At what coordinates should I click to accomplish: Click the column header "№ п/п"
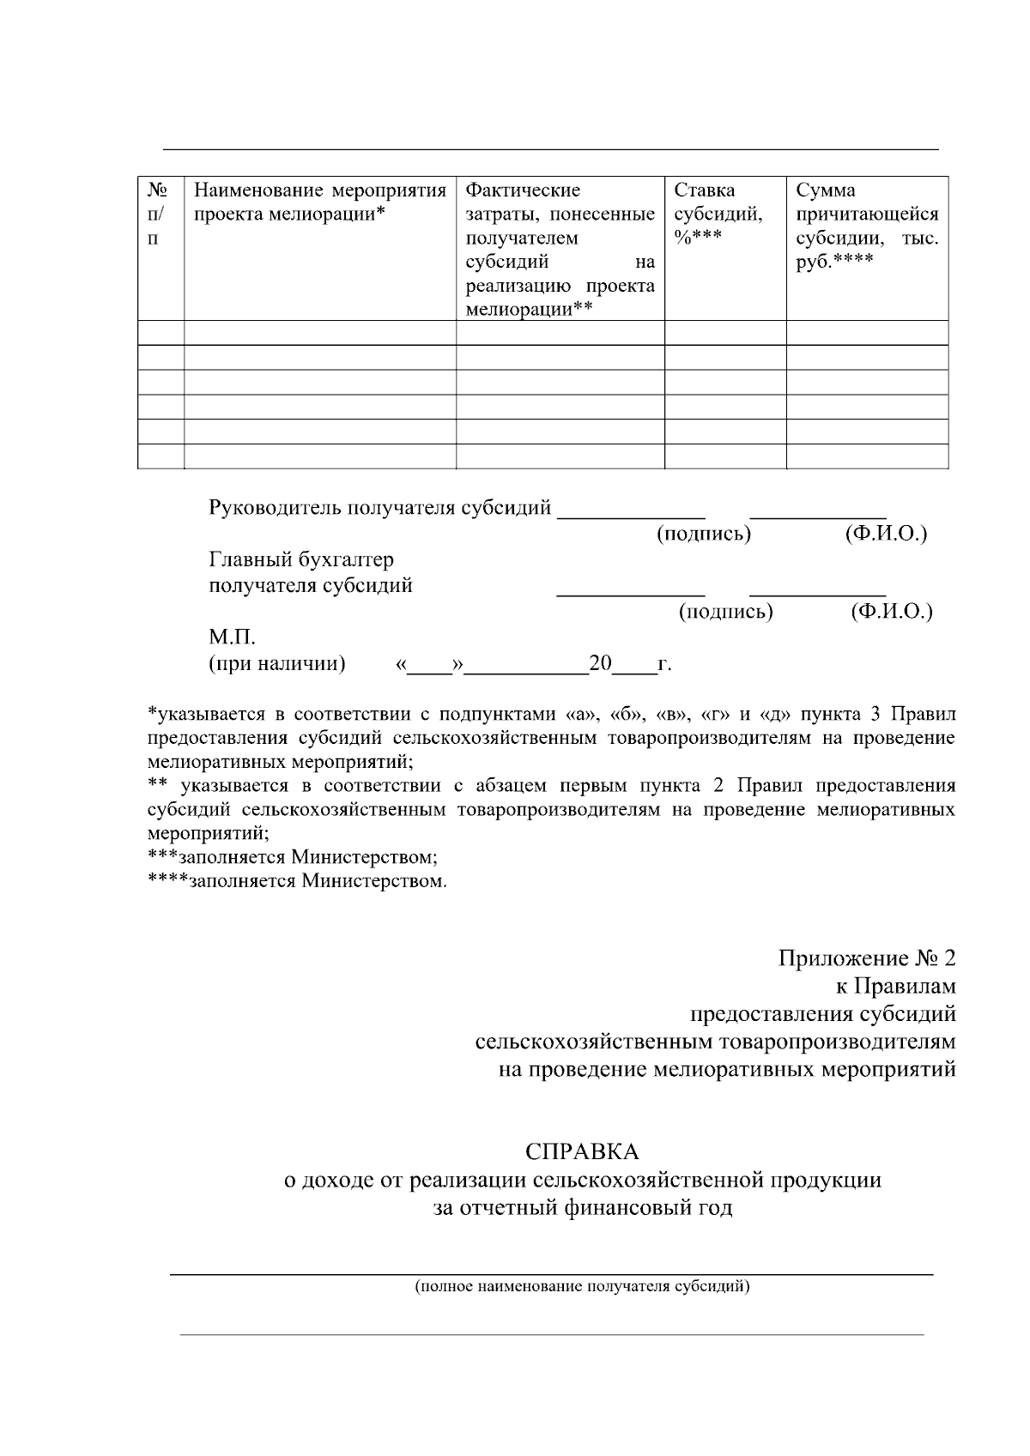point(161,214)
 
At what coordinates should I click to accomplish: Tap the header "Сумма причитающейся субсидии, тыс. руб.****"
point(866,226)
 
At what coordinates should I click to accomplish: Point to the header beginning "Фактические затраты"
point(560,249)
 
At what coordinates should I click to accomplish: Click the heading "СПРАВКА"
point(582,1151)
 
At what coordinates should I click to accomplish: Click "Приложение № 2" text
point(866,958)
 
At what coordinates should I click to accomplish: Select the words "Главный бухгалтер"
point(301,560)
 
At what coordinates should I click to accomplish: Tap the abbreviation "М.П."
point(232,638)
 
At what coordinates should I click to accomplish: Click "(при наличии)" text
point(277,664)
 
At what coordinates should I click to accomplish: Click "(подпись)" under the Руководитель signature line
point(704,535)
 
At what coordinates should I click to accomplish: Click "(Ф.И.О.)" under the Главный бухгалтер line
point(891,613)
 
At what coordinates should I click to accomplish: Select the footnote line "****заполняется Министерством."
point(297,881)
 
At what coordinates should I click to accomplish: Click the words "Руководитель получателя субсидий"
point(379,508)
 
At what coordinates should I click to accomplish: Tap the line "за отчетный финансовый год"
point(582,1208)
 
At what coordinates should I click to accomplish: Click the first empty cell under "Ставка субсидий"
point(724,333)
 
